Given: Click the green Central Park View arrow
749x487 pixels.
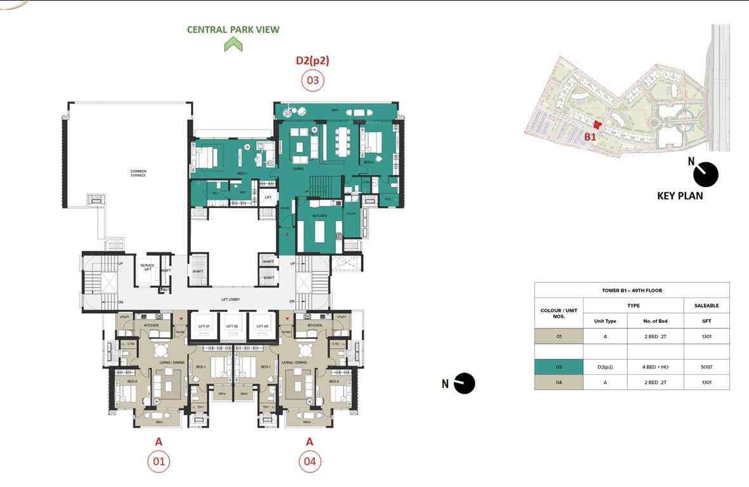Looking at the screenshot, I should point(233,44).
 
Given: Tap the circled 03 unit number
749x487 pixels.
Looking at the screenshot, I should point(312,81).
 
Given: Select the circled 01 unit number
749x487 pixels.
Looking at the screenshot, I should point(159,461).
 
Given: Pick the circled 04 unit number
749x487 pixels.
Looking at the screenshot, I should point(309,461).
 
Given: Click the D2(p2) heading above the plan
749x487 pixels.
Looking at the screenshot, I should point(312,61).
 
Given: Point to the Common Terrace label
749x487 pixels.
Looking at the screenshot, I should point(138,173).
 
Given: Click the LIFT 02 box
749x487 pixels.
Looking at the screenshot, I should point(231,326).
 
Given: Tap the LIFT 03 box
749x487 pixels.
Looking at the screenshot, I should point(260,326).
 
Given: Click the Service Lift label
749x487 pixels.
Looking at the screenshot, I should point(147,268).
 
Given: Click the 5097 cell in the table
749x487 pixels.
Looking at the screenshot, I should point(706,367).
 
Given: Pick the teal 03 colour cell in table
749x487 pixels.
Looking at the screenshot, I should point(559,367).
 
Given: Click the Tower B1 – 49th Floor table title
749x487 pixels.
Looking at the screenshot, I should point(632,290).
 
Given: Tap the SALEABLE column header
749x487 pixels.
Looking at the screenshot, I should point(706,306).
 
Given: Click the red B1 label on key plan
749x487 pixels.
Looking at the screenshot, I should point(590,136).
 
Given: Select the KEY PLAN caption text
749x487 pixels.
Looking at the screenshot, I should point(680,196).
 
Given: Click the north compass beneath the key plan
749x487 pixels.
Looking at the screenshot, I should point(705,174).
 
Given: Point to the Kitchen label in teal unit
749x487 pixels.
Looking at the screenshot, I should point(319,216).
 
